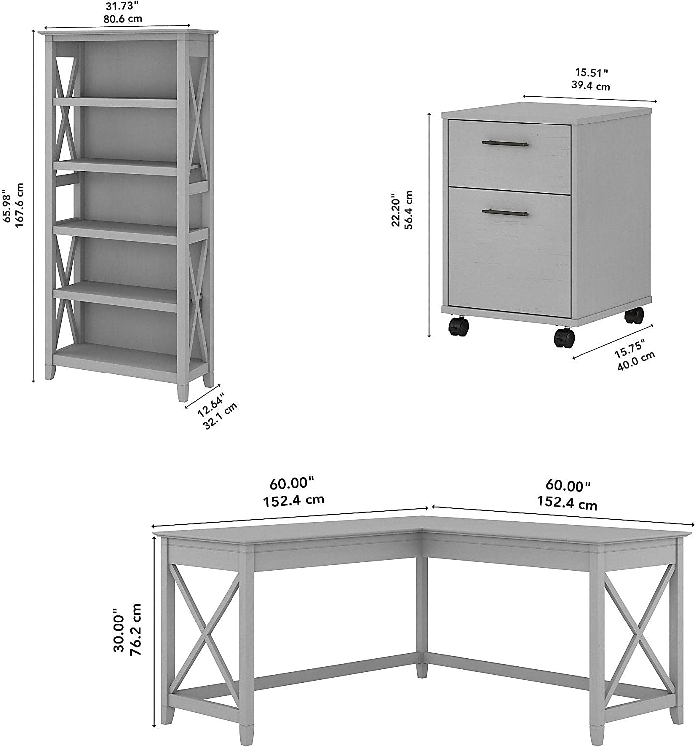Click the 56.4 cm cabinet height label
pyautogui.click(x=409, y=209)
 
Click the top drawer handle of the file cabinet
pyautogui.click(x=504, y=144)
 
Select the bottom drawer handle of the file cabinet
pyautogui.click(x=504, y=213)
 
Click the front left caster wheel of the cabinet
pyautogui.click(x=459, y=327)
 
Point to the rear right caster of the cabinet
pyautogui.click(x=634, y=315)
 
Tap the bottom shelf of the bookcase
pyautogui.click(x=116, y=354)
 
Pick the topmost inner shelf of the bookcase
pyautogui.click(x=116, y=102)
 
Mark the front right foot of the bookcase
pyautogui.click(x=183, y=391)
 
